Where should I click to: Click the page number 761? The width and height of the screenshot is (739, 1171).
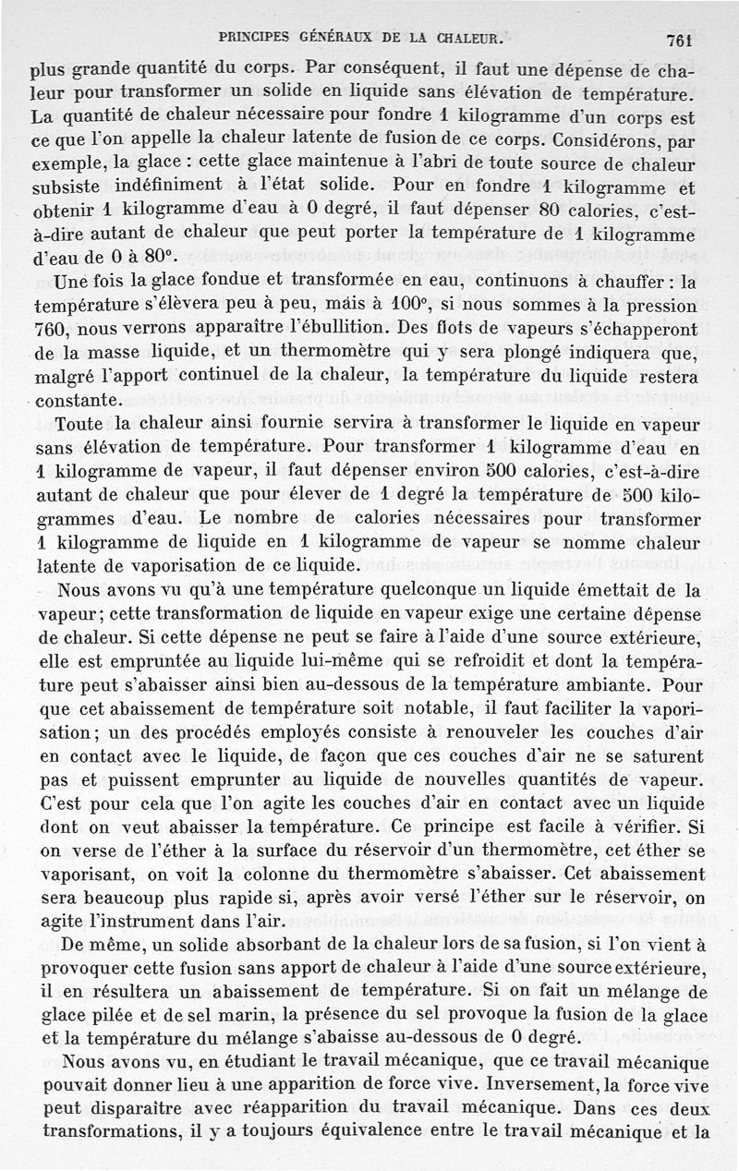(679, 40)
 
